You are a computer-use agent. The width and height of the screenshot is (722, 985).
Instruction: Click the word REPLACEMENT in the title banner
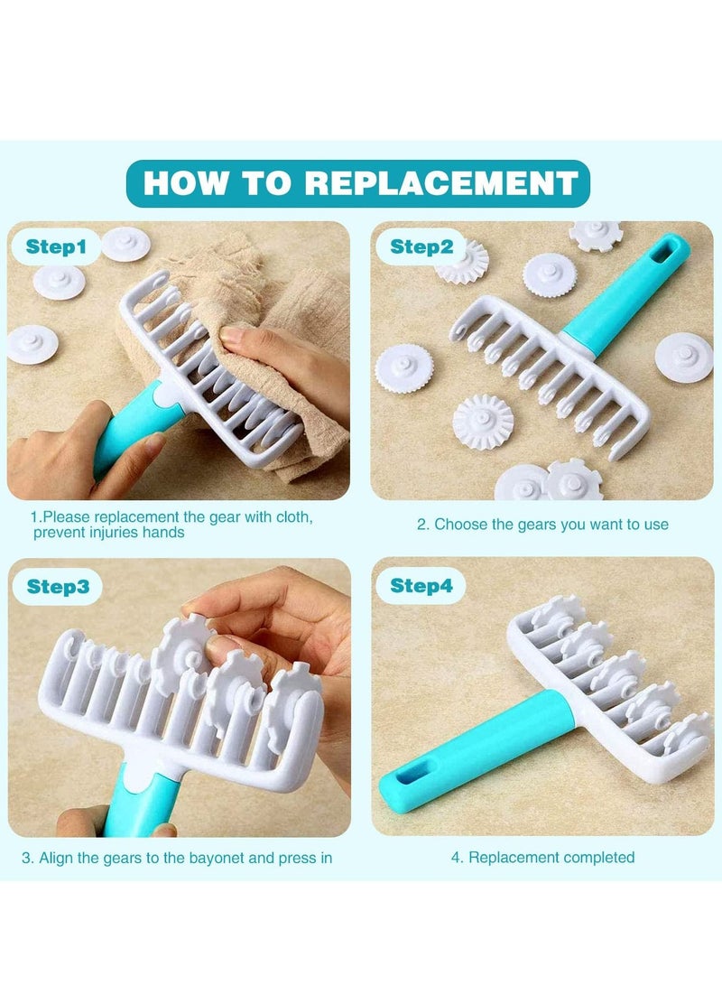(x=441, y=183)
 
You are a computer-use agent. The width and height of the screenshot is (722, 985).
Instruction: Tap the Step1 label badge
(x=56, y=246)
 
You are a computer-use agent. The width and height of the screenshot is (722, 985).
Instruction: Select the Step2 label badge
(x=421, y=246)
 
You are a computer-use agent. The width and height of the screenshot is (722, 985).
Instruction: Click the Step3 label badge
(x=58, y=586)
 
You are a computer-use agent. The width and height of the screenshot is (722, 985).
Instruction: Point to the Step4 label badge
(x=421, y=586)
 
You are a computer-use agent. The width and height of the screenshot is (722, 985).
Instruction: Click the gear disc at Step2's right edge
(x=685, y=358)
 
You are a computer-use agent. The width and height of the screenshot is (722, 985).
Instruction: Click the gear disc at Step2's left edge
(x=403, y=368)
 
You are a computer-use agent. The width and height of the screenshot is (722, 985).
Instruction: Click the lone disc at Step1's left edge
(x=32, y=345)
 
